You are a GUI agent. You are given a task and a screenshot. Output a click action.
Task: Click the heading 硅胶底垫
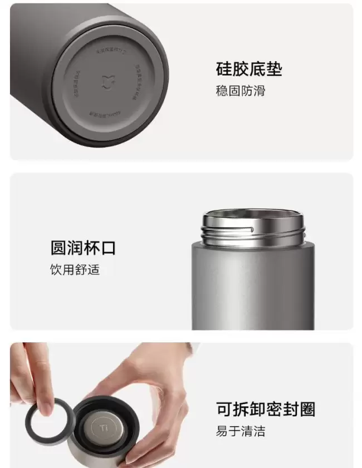pyautogui.click(x=248, y=69)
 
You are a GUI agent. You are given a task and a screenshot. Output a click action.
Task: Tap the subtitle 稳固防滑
pyautogui.click(x=240, y=91)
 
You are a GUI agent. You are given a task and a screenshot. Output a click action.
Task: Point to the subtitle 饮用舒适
pyautogui.click(x=74, y=270)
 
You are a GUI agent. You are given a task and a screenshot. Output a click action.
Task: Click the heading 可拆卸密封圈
pyautogui.click(x=266, y=409)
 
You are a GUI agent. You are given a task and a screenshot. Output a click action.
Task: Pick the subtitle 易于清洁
pyautogui.click(x=240, y=431)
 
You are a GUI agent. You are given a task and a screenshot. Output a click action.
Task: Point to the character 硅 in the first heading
pyautogui.click(x=224, y=69)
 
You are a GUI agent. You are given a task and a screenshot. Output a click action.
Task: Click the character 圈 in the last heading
pyautogui.click(x=307, y=409)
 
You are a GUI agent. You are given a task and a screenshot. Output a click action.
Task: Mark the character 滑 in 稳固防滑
pyautogui.click(x=259, y=91)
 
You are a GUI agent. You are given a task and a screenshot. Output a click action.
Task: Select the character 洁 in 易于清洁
pyautogui.click(x=259, y=431)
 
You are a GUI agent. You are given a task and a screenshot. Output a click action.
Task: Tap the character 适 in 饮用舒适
pyautogui.click(x=93, y=270)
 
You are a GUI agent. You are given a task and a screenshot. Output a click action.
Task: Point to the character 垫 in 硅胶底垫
pyautogui.click(x=274, y=69)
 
